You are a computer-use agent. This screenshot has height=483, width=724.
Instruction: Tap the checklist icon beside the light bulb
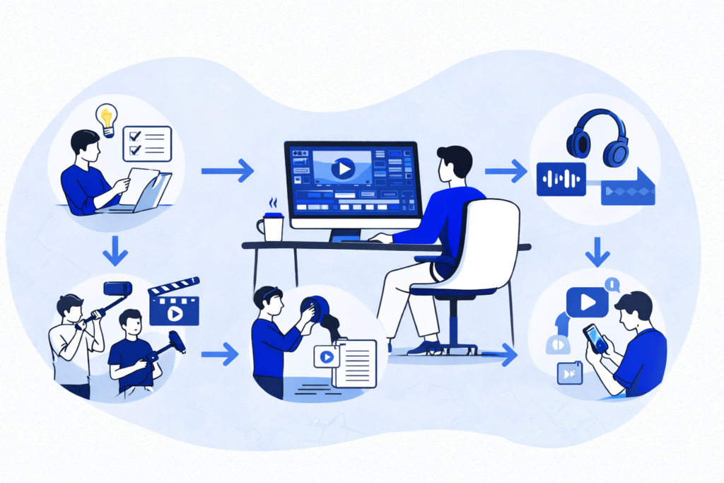click(x=147, y=144)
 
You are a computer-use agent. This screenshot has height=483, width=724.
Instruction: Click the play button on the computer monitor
click(x=344, y=168)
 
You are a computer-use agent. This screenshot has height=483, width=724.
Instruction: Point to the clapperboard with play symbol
click(x=173, y=305)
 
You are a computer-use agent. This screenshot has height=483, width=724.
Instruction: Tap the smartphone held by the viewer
click(x=595, y=339)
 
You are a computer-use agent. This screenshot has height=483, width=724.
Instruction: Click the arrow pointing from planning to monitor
click(x=227, y=170)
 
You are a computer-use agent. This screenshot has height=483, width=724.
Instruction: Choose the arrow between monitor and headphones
click(x=506, y=170)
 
